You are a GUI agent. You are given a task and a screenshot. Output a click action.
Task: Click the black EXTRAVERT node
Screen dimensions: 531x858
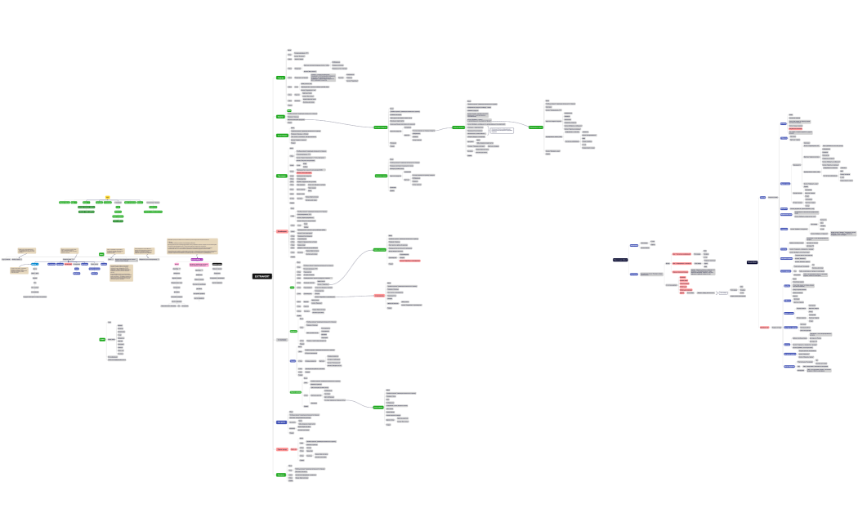[x=261, y=276]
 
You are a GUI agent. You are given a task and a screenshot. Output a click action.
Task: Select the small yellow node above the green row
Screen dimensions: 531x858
[x=107, y=197]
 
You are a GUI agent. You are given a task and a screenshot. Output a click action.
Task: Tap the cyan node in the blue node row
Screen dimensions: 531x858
[x=35, y=264]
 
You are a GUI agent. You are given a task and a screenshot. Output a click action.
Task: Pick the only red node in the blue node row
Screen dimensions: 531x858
[x=68, y=264]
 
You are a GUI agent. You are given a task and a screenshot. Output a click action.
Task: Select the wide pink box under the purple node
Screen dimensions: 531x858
[x=199, y=264]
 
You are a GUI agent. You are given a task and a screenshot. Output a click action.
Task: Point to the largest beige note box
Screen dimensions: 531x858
[x=193, y=246]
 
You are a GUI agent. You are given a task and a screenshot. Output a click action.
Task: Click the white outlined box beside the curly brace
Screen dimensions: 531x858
[x=502, y=130]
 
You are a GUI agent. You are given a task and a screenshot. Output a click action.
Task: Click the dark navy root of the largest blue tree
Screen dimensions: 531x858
[x=753, y=261]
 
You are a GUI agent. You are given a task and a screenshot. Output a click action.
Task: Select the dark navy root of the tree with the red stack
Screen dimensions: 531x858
[x=620, y=259]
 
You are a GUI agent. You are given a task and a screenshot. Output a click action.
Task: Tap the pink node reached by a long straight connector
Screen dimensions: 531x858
[x=379, y=295]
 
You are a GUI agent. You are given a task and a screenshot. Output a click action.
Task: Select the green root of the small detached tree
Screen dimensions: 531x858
[x=102, y=338]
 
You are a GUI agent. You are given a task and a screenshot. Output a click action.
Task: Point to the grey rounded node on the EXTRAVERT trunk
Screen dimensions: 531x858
[x=282, y=339]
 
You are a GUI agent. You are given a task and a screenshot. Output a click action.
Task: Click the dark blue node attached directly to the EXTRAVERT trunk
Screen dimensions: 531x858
[x=281, y=422]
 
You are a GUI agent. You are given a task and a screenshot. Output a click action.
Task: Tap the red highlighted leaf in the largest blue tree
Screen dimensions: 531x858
[x=795, y=128]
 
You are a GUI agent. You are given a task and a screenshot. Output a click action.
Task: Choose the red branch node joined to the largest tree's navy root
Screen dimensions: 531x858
[x=764, y=327]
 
